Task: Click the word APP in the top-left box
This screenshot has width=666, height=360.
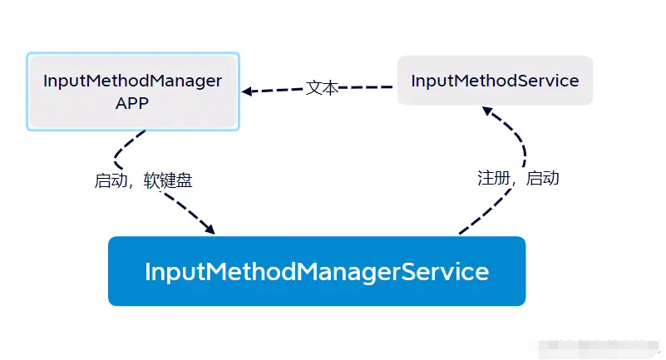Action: (132, 103)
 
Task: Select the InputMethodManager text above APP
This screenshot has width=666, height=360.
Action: (132, 81)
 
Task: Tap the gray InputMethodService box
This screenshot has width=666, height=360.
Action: (495, 81)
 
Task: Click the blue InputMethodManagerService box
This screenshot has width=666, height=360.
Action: (317, 271)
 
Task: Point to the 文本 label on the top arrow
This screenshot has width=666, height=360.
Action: (322, 87)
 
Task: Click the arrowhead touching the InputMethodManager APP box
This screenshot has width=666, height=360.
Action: (247, 91)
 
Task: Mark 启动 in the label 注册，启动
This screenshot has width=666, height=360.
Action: (543, 178)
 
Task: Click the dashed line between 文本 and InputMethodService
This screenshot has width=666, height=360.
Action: (366, 86)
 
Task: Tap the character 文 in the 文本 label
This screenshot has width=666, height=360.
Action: (313, 87)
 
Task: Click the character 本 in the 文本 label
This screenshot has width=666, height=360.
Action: (330, 87)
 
